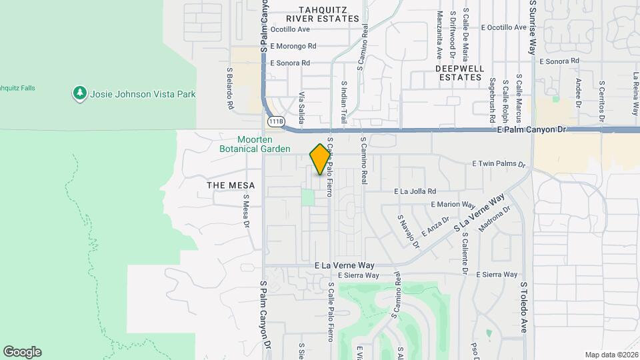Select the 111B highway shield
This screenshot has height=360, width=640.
[x=275, y=122]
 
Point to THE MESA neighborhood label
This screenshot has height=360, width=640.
[x=227, y=185]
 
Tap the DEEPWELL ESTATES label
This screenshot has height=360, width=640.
[x=459, y=73]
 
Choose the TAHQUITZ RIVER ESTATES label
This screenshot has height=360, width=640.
[x=319, y=14]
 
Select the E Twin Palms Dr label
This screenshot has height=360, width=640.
[x=499, y=163]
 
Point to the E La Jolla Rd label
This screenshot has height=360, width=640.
[x=415, y=191]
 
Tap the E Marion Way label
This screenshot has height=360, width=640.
[x=453, y=205]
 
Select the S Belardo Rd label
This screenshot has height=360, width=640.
[x=229, y=88]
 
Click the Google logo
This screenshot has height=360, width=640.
[x=22, y=352]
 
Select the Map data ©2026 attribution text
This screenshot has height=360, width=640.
[x=611, y=355]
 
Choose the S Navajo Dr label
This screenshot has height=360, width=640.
[x=409, y=231]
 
